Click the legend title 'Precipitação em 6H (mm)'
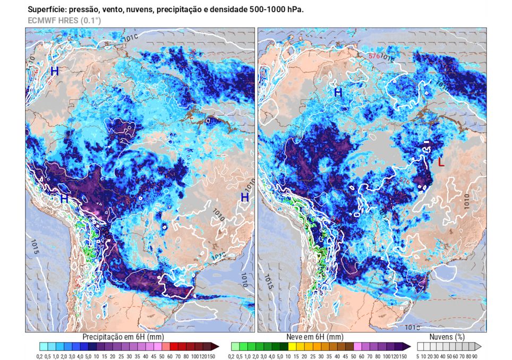pos(123,337)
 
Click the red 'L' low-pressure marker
pos(440,162)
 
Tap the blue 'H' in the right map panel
pos(337,93)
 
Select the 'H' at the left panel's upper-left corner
pos(54,71)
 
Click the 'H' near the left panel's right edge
pos(245,198)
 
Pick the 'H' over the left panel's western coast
pos(64,199)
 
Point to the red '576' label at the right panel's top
pos(375,55)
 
